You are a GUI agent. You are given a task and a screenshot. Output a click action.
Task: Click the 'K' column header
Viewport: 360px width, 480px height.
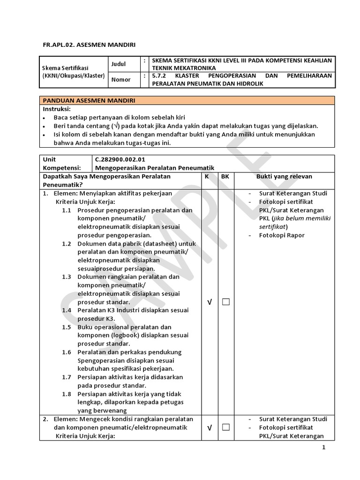pos(207,176)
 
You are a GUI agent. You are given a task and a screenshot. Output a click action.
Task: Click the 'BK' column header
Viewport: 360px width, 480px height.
pos(225,176)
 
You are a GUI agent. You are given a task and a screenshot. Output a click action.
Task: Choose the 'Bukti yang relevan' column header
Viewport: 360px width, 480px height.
pos(284,176)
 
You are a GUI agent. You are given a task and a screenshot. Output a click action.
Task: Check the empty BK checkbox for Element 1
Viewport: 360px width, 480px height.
pos(226,302)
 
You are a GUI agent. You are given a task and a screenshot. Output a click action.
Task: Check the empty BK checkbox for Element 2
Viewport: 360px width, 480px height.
pos(226,427)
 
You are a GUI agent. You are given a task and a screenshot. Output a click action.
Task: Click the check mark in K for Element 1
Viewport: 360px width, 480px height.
pos(209,302)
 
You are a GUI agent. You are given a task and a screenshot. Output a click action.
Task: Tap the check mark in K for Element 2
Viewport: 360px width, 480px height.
pos(209,427)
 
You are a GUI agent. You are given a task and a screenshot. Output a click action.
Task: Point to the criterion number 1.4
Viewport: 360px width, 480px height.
pos(67,310)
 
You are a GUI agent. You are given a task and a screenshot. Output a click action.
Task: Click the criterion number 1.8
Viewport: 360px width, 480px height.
pos(67,394)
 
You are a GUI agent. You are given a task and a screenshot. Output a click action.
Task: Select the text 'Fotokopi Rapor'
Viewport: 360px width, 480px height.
pos(281,235)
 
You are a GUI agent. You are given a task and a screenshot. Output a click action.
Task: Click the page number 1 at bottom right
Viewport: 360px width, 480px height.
pos(323,448)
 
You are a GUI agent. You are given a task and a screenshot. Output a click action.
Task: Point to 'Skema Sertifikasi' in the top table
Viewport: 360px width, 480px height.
pos(65,68)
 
